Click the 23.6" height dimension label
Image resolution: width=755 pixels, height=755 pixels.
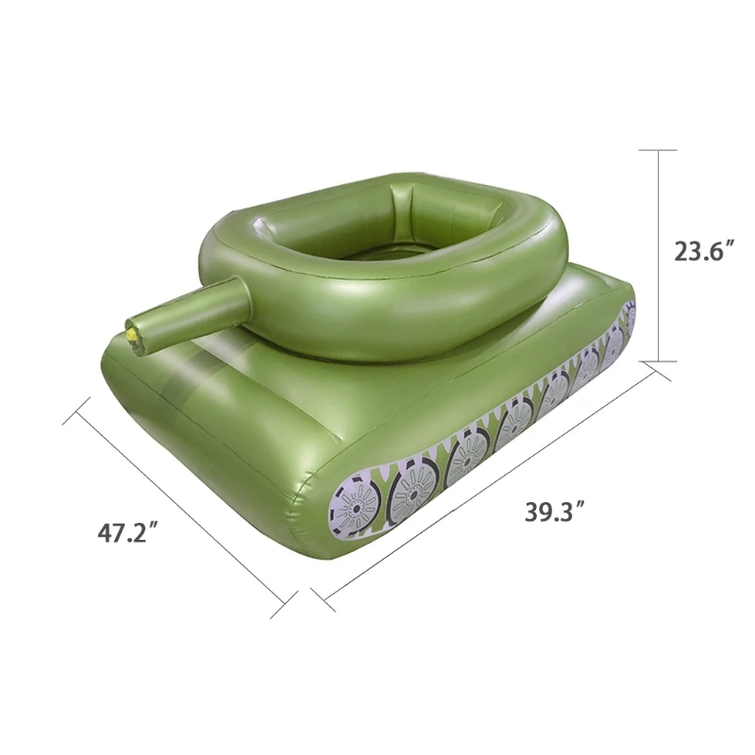(x=705, y=251)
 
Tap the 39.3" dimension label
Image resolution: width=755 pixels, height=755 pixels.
(x=555, y=511)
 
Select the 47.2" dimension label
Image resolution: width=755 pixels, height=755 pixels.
(x=128, y=533)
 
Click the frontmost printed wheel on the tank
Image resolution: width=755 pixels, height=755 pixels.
(x=354, y=506)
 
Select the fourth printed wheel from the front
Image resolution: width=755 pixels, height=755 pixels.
(x=513, y=425)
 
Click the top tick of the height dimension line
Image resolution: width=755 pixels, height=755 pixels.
(x=658, y=150)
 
